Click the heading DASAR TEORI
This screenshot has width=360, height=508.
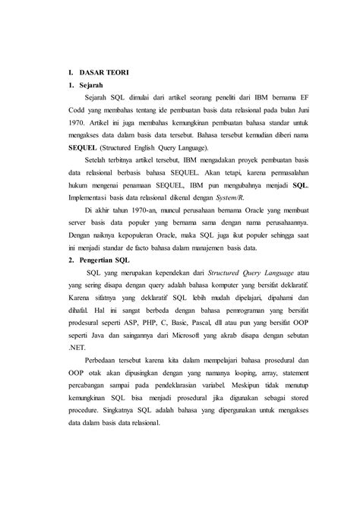click(x=103, y=72)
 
